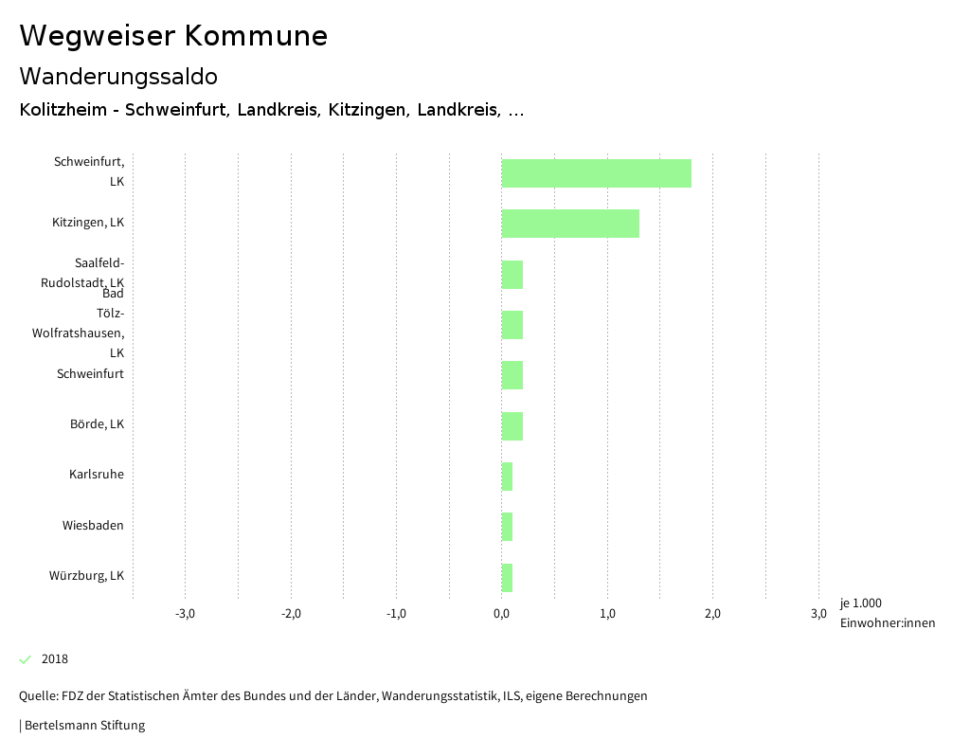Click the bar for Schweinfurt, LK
click(596, 173)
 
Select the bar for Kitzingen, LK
click(570, 224)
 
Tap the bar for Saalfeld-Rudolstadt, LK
click(512, 275)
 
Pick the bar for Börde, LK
click(512, 426)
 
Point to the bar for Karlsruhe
click(507, 477)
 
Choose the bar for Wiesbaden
click(507, 527)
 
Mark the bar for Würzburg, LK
click(507, 578)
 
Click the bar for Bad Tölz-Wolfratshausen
click(512, 325)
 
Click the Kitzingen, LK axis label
click(88, 223)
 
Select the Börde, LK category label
click(97, 424)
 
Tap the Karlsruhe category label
click(96, 475)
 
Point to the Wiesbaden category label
click(93, 526)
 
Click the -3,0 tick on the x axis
click(186, 614)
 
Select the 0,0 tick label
click(502, 614)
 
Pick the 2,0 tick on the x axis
click(713, 614)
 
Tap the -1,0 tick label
click(397, 614)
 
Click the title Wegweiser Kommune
click(173, 36)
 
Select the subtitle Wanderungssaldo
click(118, 76)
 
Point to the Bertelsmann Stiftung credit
click(82, 726)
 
